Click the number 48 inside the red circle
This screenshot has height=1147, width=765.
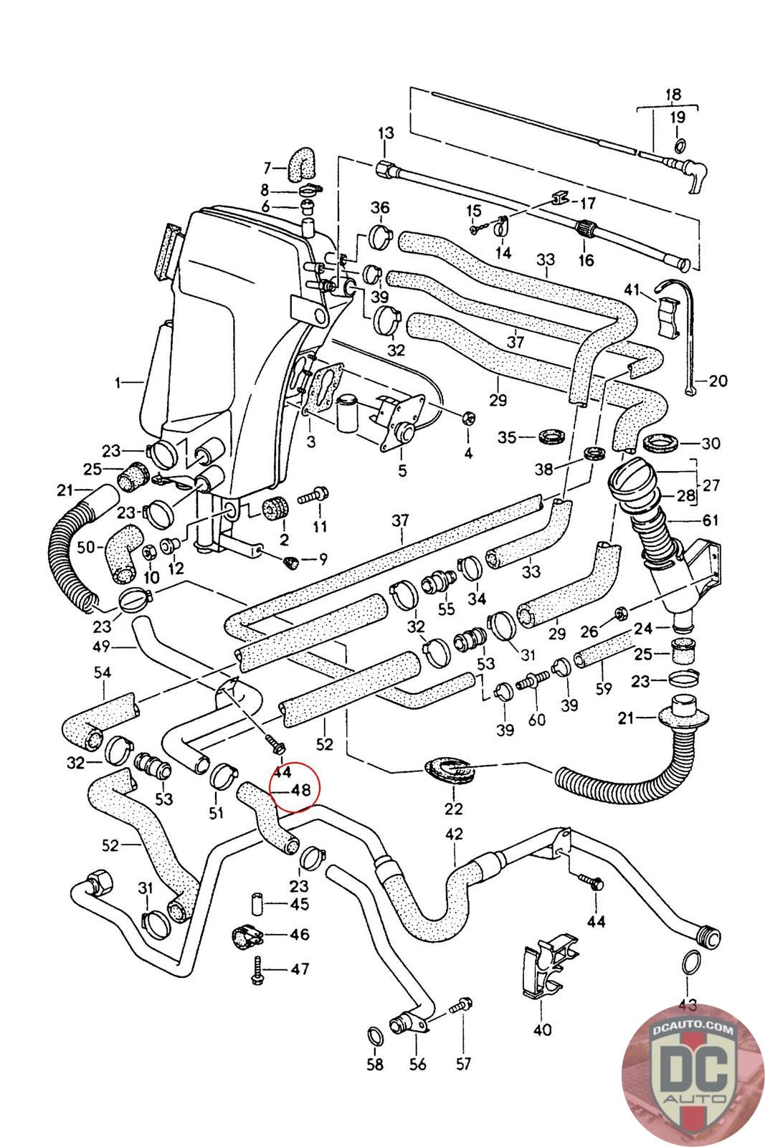300,790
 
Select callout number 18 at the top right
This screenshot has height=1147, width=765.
673,94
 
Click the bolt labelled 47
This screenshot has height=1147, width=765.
257,970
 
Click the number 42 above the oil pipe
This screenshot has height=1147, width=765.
454,834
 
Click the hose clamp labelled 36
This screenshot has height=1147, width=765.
380,233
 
